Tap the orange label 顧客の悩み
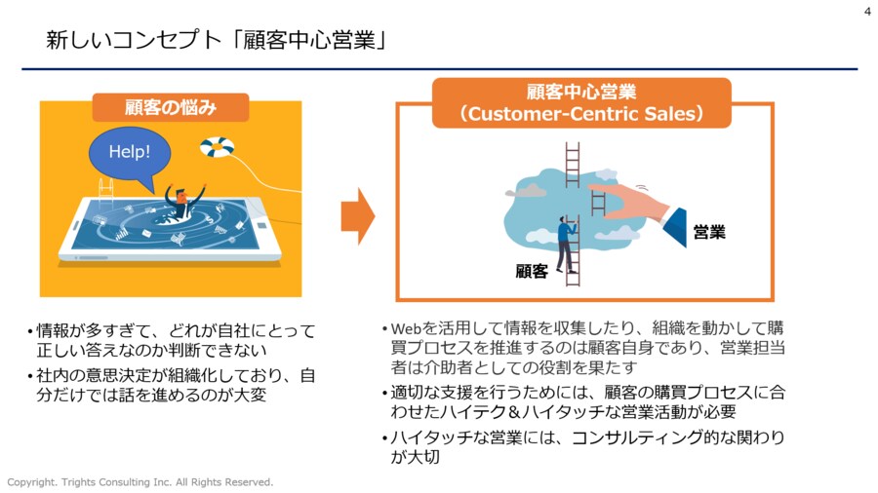[170, 107]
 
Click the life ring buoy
[217, 147]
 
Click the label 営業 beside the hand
[709, 232]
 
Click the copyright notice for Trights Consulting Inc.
[140, 482]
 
